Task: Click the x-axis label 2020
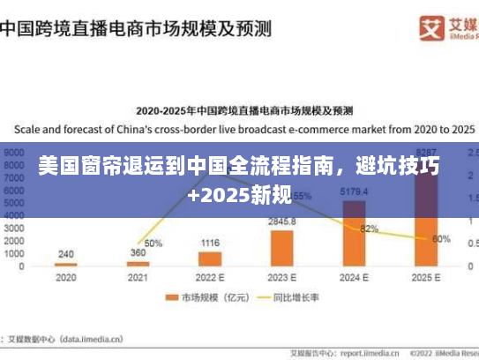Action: (x=65, y=276)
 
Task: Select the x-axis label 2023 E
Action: (x=281, y=276)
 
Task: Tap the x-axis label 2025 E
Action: (x=426, y=276)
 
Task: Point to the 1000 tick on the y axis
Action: (x=15, y=253)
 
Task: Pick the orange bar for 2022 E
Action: (x=210, y=259)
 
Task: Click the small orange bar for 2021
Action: (x=138, y=264)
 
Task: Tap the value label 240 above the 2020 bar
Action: (x=66, y=253)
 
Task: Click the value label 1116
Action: (x=210, y=243)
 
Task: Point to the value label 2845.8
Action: (x=282, y=221)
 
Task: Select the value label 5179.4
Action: (x=354, y=192)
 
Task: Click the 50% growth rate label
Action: (x=153, y=243)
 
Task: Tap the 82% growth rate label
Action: (x=370, y=229)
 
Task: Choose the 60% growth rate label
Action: (x=442, y=239)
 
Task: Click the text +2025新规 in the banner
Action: (x=239, y=191)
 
